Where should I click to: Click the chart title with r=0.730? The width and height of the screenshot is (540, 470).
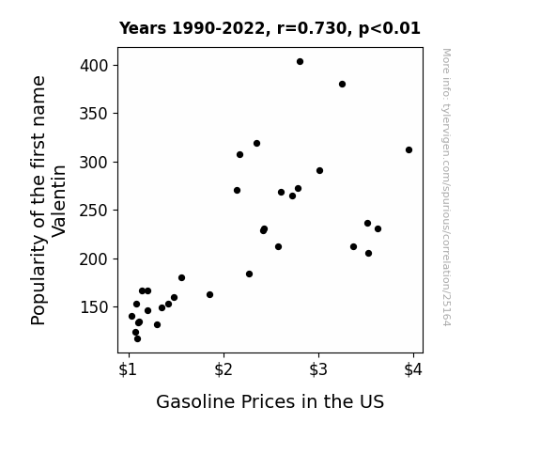coord(270,28)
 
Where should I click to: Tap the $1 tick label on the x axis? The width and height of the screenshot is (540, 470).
coord(128,370)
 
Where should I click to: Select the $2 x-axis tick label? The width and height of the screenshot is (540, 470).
coord(224,370)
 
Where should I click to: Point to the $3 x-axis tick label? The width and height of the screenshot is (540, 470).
coord(318,370)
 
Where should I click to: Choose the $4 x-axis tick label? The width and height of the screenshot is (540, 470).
coord(413,370)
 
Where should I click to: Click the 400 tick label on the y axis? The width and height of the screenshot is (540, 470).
coord(94,66)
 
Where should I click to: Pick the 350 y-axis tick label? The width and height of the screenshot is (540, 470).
coord(94,114)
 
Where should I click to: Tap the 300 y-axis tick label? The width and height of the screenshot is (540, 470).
coord(94,162)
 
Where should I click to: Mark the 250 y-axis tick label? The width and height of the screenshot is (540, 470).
coord(94,211)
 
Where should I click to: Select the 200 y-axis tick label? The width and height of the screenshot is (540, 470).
coord(94,258)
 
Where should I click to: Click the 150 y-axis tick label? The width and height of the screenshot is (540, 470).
coord(94,307)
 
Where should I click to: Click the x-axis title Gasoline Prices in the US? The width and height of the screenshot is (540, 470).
coord(270,401)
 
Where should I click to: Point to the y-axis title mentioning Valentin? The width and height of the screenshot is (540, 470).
coord(48,200)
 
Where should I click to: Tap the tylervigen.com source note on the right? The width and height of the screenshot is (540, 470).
coord(446,187)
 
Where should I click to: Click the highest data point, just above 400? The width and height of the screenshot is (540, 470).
coord(300,62)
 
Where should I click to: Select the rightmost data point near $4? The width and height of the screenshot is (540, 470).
coord(409,150)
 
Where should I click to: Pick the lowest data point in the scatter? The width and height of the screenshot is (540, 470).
coord(137,339)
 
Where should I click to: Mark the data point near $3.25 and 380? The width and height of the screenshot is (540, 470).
coord(342,85)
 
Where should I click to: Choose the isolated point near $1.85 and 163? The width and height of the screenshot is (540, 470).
coord(209,295)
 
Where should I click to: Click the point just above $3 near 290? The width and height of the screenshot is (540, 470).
coord(319,171)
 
